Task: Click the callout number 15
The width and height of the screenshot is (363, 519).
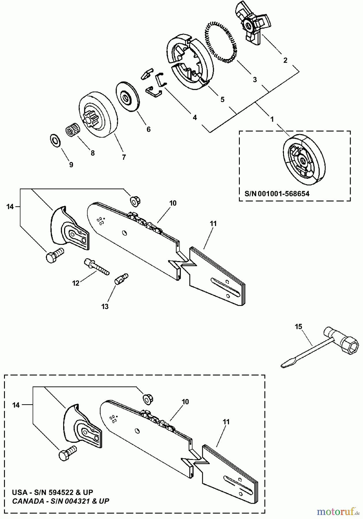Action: pyautogui.click(x=298, y=327)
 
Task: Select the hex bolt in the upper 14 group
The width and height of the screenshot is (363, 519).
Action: pyautogui.click(x=55, y=255)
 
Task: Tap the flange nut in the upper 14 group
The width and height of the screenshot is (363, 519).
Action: pyautogui.click(x=134, y=201)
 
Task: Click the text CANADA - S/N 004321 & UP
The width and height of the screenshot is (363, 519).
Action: pyautogui.click(x=61, y=501)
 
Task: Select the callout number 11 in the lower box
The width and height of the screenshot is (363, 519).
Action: pyautogui.click(x=226, y=422)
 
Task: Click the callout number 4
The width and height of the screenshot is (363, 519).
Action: pyautogui.click(x=195, y=117)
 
